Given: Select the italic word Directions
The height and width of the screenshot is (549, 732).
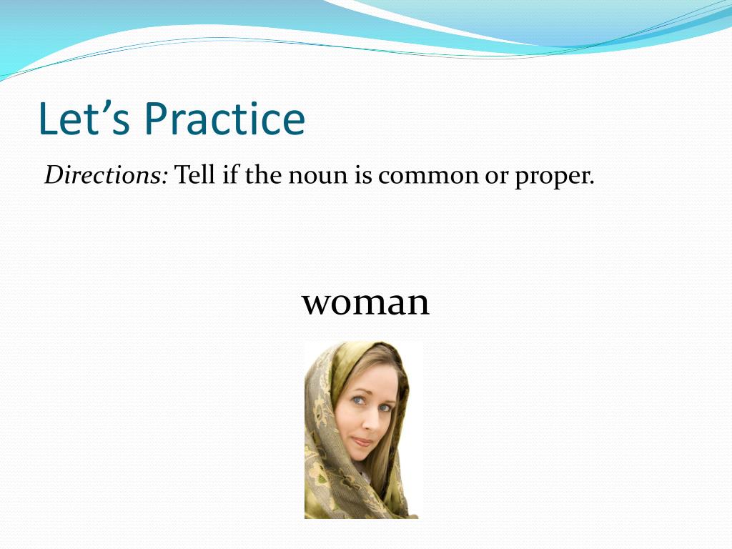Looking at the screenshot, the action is pyautogui.click(x=103, y=175).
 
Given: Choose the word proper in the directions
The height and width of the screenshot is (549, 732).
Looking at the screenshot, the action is pyautogui.click(x=551, y=179).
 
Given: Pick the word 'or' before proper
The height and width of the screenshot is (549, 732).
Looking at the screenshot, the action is pyautogui.click(x=496, y=177).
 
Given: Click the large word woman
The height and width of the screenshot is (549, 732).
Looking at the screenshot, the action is pyautogui.click(x=365, y=302).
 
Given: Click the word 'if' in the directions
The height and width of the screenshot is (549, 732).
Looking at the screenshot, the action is pyautogui.click(x=229, y=175).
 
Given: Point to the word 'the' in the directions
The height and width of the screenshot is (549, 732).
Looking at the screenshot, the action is pyautogui.click(x=263, y=175).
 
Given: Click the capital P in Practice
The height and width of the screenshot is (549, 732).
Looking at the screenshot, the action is pyautogui.click(x=157, y=119).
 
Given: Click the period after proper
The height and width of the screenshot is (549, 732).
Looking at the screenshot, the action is pyautogui.click(x=591, y=183).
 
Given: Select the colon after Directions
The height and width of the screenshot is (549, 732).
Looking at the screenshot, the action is pyautogui.click(x=164, y=178).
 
